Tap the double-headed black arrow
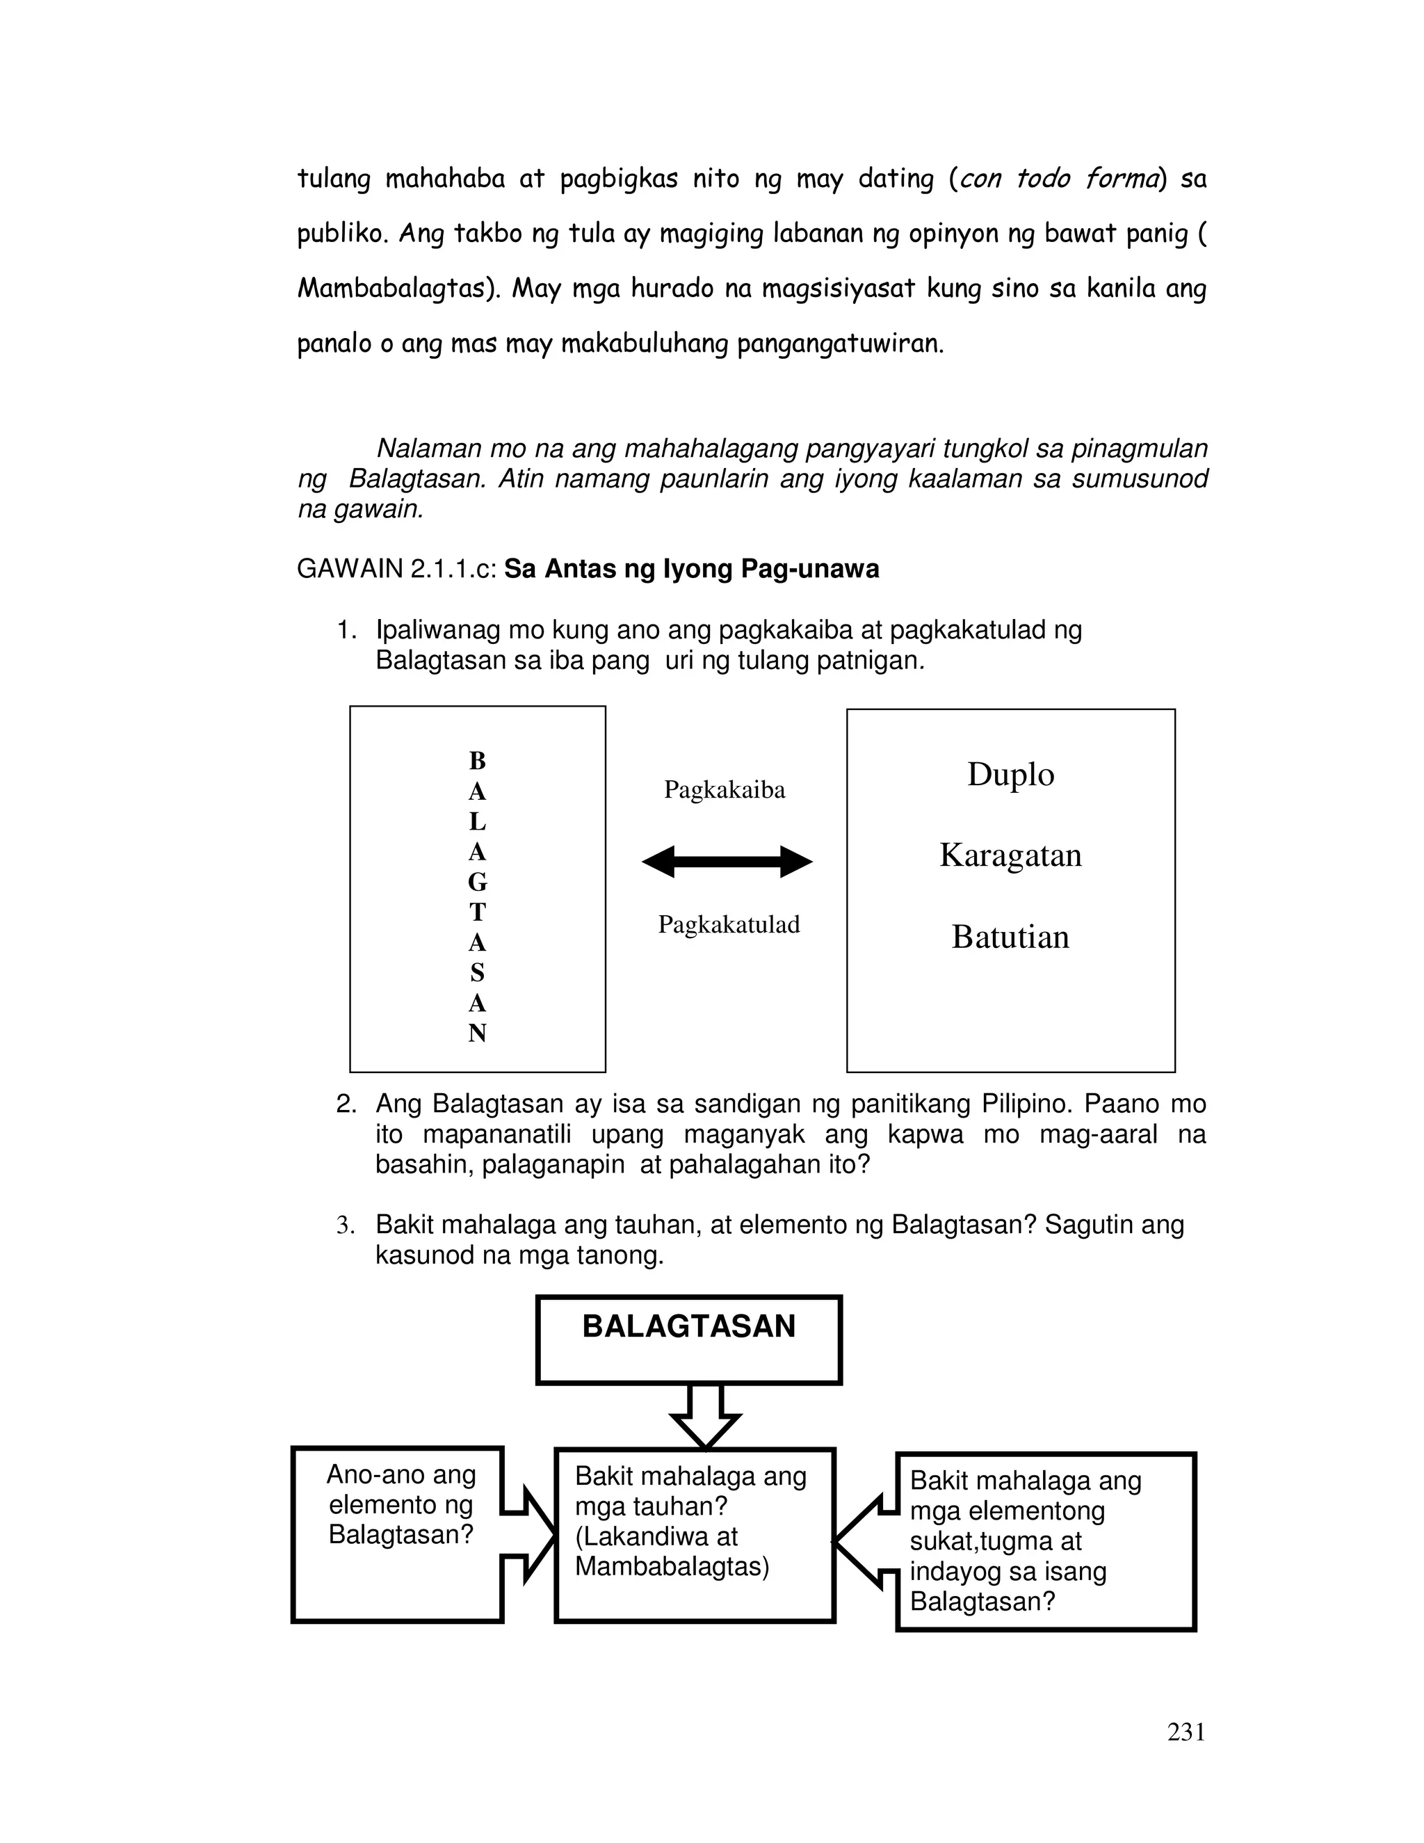coord(727,862)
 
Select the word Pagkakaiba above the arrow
coord(724,790)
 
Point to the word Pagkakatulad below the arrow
coord(728,925)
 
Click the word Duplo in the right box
coord(1010,775)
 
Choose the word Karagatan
coord(1010,855)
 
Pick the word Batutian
coord(1010,937)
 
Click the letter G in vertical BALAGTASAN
coord(478,883)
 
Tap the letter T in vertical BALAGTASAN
coord(478,913)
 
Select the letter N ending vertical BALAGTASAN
coord(478,1033)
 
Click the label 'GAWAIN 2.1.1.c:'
coord(396,570)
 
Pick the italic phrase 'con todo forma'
coord(1057,179)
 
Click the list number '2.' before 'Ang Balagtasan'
coord(346,1104)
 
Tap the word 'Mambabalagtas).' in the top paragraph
coord(399,289)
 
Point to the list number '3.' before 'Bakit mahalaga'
coord(346,1225)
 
